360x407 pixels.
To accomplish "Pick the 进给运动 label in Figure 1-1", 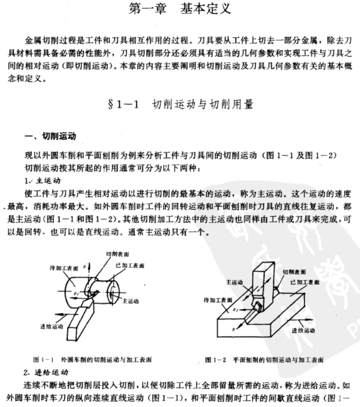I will (x=50, y=327).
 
